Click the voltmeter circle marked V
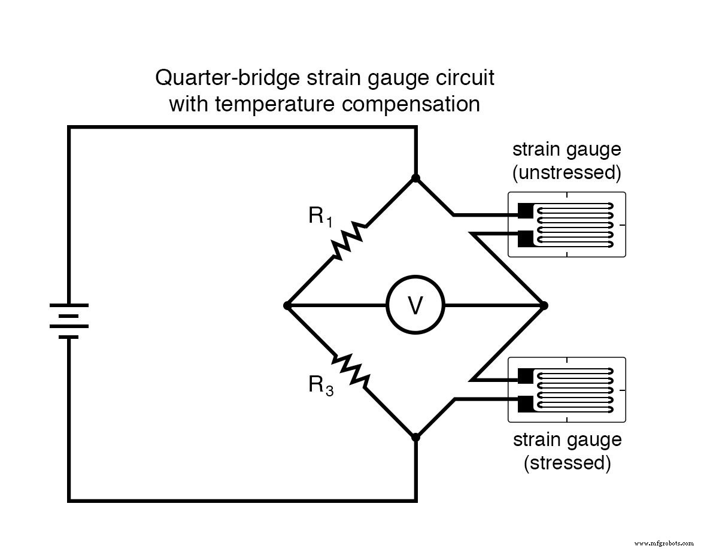[415, 305]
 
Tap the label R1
[320, 216]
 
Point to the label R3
[320, 385]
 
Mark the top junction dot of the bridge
[415, 178]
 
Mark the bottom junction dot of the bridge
[415, 437]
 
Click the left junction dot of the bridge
[287, 305]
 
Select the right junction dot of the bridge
[544, 305]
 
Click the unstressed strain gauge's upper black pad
[525, 211]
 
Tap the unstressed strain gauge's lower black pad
[525, 238]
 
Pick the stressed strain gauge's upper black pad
[525, 376]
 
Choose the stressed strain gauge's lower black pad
[525, 404]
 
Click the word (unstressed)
[566, 173]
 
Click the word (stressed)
[567, 463]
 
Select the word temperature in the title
[278, 104]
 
